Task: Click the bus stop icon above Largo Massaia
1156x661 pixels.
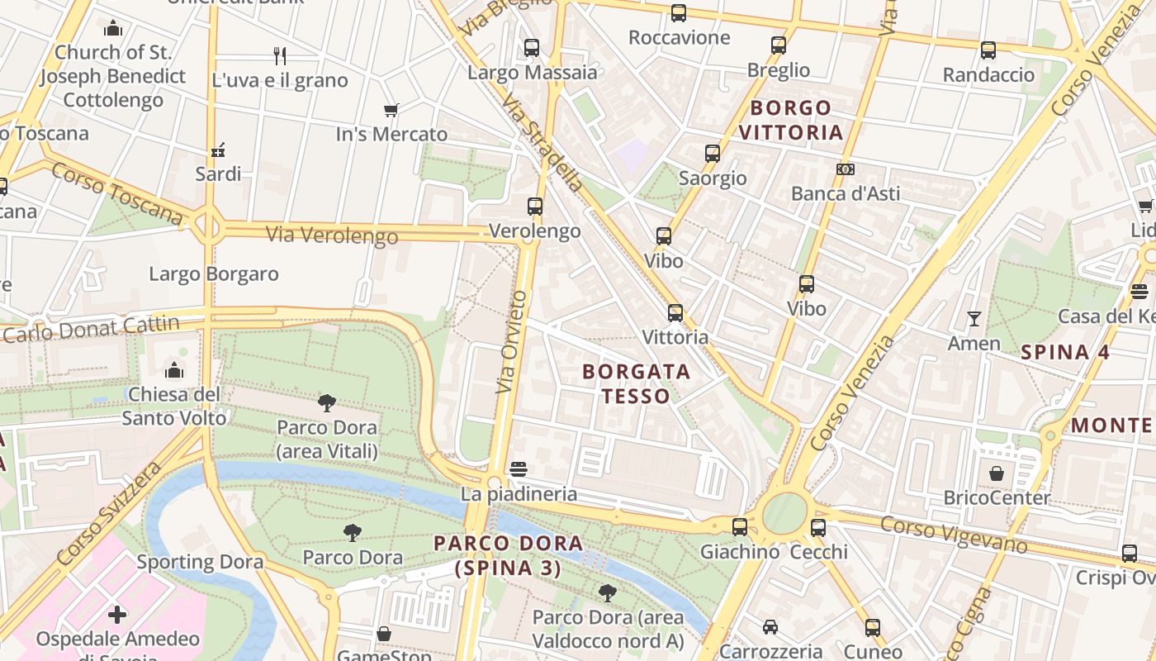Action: click(532, 48)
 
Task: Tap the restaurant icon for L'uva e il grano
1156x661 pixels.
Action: click(280, 56)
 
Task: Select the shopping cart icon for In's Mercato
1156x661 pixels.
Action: click(391, 110)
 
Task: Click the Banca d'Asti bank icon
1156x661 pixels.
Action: click(845, 169)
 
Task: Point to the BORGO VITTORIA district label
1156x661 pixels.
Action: click(790, 120)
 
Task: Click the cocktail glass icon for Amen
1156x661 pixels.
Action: click(974, 319)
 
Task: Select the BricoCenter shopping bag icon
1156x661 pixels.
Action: click(997, 473)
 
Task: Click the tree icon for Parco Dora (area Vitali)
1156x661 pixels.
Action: click(327, 403)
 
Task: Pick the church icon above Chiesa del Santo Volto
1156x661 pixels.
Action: click(174, 369)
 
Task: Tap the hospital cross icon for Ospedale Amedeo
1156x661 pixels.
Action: click(118, 615)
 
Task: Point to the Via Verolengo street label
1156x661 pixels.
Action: click(331, 235)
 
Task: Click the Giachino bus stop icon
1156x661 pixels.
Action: click(739, 527)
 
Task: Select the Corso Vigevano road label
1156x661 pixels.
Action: click(953, 535)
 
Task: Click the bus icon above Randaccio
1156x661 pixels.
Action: click(988, 50)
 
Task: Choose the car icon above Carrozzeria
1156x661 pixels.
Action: click(770, 627)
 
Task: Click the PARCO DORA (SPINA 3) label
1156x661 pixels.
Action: click(508, 555)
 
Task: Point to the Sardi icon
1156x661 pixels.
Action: click(218, 150)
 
